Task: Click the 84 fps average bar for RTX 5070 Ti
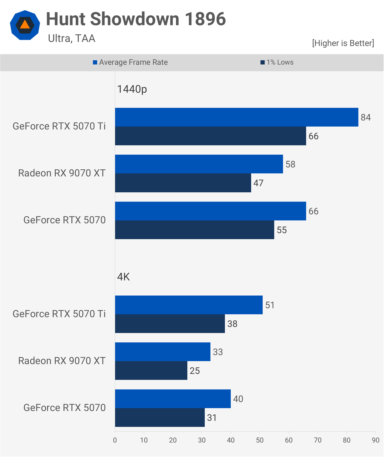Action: pos(236,117)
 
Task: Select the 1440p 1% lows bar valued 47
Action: pos(183,183)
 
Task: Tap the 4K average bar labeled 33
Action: pos(162,352)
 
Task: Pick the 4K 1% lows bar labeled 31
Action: pos(160,417)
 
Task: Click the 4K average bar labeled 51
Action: pos(189,305)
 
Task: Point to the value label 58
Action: pos(290,164)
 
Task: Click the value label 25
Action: pos(195,371)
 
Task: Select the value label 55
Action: pos(282,230)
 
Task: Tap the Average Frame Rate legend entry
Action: pos(130,62)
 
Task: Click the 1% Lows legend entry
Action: pos(277,62)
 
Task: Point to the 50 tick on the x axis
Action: pos(260,440)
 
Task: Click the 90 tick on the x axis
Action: pos(375,440)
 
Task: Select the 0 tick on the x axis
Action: pos(115,440)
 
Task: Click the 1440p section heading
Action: pos(132,89)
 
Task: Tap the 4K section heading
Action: pos(124,277)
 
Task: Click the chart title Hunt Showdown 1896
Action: pos(136,19)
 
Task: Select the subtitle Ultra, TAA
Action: pos(71,38)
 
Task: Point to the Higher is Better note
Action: pos(343,43)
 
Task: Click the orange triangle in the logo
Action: pos(25,25)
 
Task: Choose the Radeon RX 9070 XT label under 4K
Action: pos(62,361)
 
